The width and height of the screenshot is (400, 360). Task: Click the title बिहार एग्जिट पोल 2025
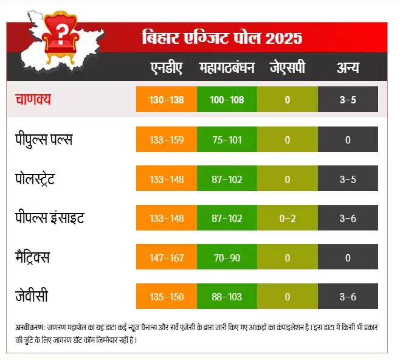pyautogui.click(x=221, y=38)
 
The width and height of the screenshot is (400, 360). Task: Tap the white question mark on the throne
pyautogui.click(x=61, y=29)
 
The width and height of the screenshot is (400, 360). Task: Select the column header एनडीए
pyautogui.click(x=166, y=67)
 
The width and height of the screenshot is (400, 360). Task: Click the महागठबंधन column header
pyautogui.click(x=227, y=67)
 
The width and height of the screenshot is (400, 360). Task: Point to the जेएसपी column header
pyautogui.click(x=287, y=67)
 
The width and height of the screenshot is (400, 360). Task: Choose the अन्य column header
pyautogui.click(x=348, y=67)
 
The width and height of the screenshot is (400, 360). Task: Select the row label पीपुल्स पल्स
pyautogui.click(x=44, y=139)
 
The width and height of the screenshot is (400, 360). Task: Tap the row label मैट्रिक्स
pyautogui.click(x=41, y=257)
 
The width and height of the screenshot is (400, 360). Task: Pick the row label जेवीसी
pyautogui.click(x=32, y=297)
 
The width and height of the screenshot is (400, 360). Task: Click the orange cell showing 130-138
pyautogui.click(x=167, y=100)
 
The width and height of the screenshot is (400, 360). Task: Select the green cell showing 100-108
pyautogui.click(x=227, y=100)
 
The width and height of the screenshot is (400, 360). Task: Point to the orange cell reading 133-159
pyautogui.click(x=167, y=140)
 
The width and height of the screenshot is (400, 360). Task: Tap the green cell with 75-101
pyautogui.click(x=227, y=140)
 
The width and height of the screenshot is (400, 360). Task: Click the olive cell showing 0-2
pyautogui.click(x=287, y=218)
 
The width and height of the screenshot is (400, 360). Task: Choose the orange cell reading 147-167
pyautogui.click(x=167, y=258)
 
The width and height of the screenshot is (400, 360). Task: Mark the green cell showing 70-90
pyautogui.click(x=227, y=258)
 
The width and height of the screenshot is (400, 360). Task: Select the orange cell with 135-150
pyautogui.click(x=167, y=297)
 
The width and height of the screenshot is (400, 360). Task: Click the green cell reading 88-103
pyautogui.click(x=227, y=297)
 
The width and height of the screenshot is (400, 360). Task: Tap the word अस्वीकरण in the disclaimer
pyautogui.click(x=28, y=328)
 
